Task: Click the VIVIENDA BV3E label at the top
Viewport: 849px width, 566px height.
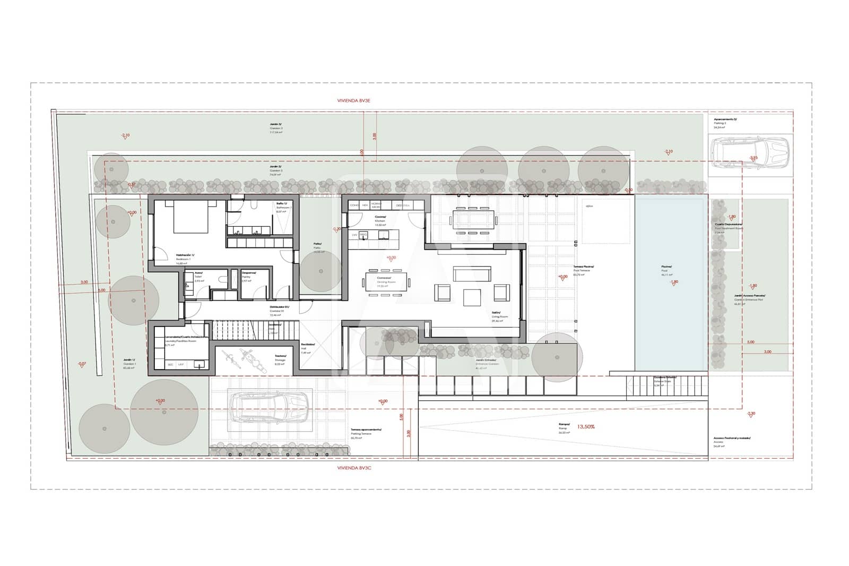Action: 353,100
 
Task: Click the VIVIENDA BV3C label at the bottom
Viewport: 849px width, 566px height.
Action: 353,468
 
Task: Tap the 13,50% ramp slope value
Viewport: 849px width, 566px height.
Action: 586,426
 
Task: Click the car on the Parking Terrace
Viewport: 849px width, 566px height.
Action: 271,407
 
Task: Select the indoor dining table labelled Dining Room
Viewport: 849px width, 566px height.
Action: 388,281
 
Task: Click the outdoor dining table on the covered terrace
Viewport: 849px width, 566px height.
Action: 474,220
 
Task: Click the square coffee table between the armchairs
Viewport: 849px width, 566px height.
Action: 472,297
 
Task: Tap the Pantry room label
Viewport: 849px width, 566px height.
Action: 247,275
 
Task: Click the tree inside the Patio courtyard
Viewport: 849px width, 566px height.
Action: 320,271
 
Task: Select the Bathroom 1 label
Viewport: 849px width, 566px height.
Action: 282,205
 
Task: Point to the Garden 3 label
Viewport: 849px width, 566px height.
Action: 276,126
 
